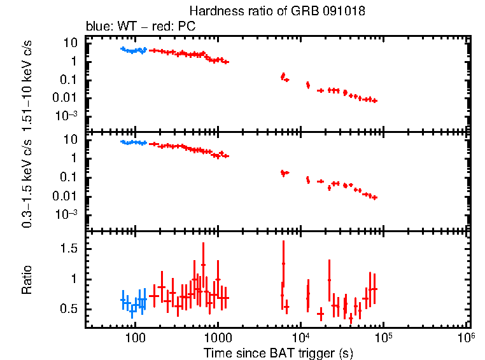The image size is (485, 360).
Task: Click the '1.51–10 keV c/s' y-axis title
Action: (27, 82)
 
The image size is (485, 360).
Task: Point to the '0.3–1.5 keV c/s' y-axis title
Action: (27, 182)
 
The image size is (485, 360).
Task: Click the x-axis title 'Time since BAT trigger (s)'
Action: (278, 352)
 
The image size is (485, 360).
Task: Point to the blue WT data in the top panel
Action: (134, 50)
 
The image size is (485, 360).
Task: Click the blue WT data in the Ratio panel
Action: (134, 303)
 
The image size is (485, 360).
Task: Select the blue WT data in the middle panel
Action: (134, 143)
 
